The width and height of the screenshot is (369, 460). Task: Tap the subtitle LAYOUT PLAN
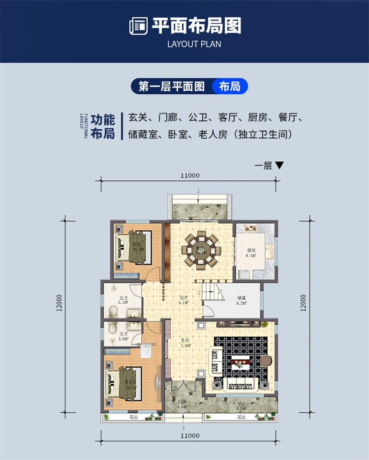coord(194,44)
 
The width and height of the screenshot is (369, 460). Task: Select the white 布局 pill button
coord(230,87)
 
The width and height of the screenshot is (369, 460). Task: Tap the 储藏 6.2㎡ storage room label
coord(241,300)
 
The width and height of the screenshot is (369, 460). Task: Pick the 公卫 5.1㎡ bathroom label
coord(123,301)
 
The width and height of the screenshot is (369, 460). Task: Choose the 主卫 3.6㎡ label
coord(123,336)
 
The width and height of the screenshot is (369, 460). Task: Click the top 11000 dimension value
coord(189,175)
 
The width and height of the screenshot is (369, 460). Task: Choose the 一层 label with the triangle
coord(269,166)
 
